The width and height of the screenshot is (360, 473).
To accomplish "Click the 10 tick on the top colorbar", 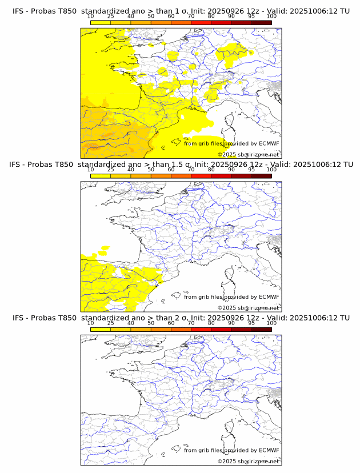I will [x=91, y=16].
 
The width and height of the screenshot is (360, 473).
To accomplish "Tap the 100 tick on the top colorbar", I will [x=271, y=16].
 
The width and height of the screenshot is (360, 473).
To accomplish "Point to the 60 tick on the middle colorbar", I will [x=171, y=170].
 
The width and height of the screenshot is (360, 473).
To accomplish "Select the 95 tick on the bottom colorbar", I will [x=251, y=323].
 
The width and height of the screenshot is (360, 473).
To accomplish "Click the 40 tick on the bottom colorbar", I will [x=131, y=323].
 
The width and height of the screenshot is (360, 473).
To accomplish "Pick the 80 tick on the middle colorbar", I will [x=211, y=170].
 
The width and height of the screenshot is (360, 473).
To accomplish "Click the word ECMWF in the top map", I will [x=269, y=144].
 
